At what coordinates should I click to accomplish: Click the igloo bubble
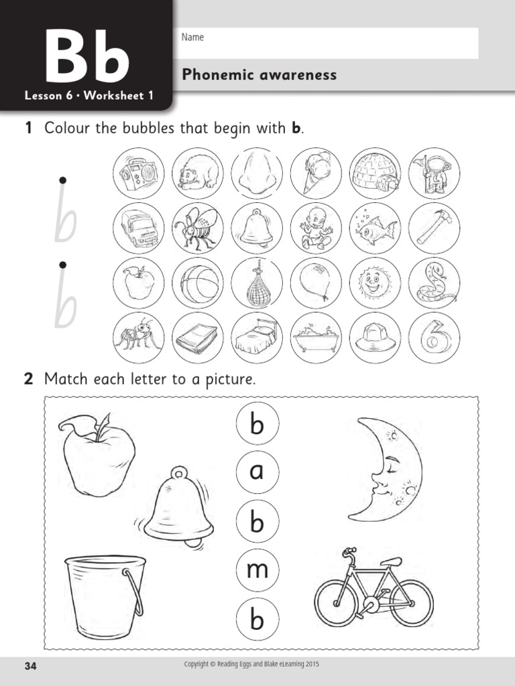tap(376, 174)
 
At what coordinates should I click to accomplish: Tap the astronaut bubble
tap(434, 174)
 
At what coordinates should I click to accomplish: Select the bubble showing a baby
tap(316, 228)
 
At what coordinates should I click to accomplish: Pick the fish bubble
tap(376, 228)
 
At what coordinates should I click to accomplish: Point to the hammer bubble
tap(434, 228)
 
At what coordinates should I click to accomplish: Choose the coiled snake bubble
tap(434, 283)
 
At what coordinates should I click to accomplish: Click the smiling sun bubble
tap(376, 283)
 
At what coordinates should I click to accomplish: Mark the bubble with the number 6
tap(434, 338)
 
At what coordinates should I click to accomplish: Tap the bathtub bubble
tap(316, 338)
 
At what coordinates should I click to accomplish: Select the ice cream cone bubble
tap(316, 174)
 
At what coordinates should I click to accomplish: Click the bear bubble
tap(197, 174)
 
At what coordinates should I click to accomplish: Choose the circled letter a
tap(257, 473)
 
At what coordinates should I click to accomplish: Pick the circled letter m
tap(257, 571)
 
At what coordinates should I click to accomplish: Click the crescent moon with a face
tap(386, 469)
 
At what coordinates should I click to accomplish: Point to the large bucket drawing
tap(104, 597)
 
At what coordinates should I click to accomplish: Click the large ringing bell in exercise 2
tap(177, 506)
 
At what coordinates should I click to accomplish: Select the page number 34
tap(31, 666)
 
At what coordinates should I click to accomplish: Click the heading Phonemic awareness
tap(260, 75)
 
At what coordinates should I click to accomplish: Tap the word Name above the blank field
tap(192, 38)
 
